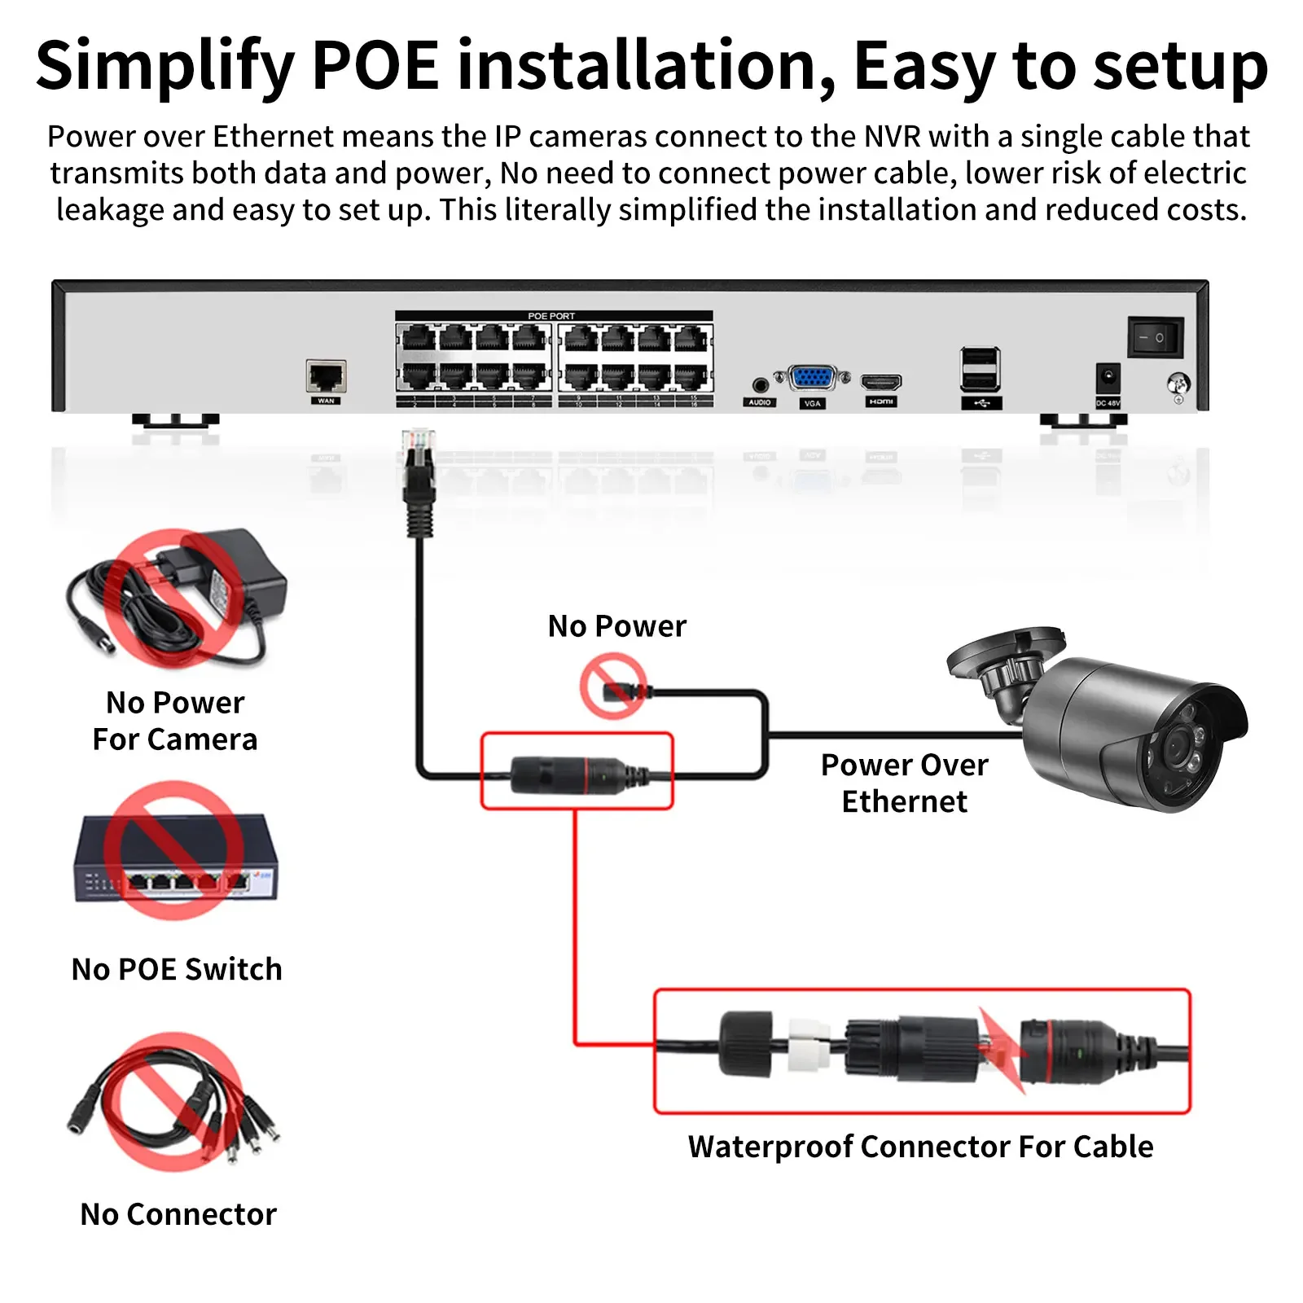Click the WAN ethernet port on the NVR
(326, 376)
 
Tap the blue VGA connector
(811, 379)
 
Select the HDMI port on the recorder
(881, 382)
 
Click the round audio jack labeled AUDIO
(760, 384)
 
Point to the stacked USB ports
(981, 369)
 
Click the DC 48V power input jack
(1108, 379)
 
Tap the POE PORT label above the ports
(551, 316)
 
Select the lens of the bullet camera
(1177, 748)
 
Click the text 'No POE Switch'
(177, 969)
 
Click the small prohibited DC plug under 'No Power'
(615, 690)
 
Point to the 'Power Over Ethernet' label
(904, 783)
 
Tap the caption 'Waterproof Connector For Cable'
(920, 1147)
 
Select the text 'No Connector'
(178, 1214)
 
